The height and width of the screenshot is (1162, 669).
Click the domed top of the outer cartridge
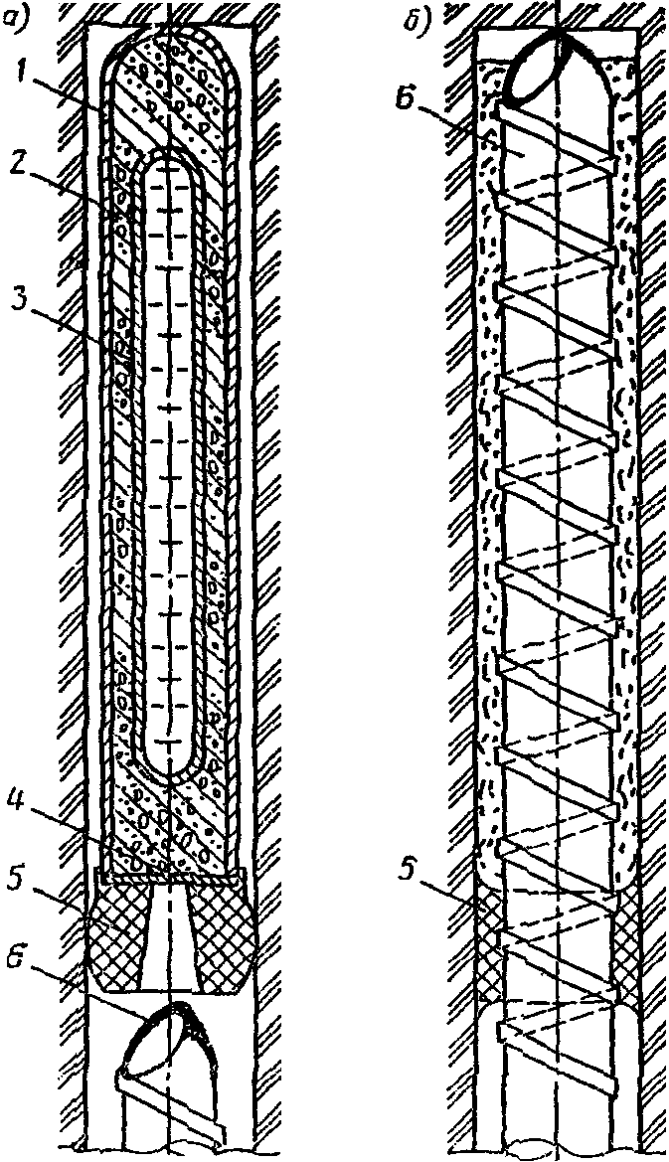(172, 46)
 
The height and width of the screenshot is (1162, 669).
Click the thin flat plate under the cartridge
(172, 876)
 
